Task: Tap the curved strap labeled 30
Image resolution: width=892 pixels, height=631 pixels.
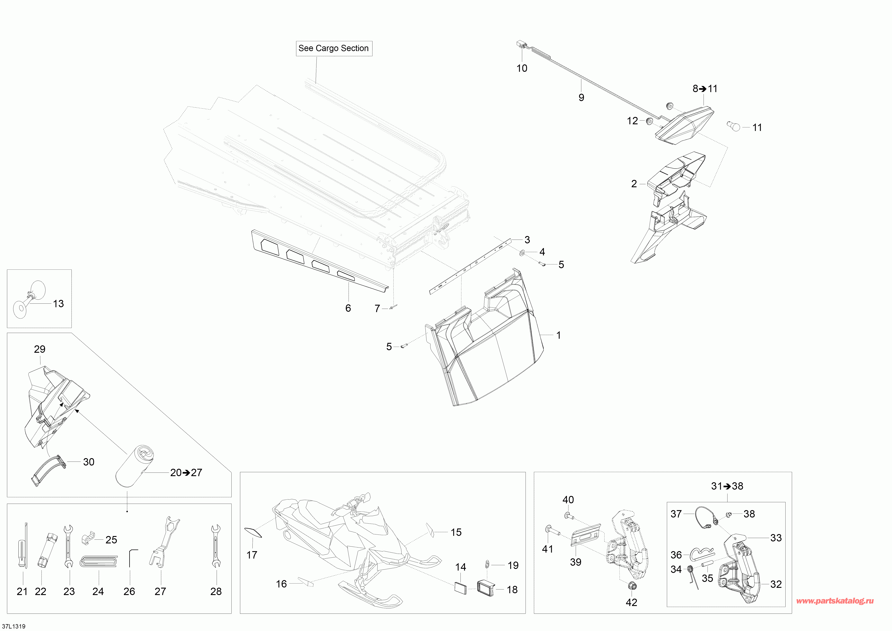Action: coord(48,469)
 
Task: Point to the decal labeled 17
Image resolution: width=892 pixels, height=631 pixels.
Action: coord(253,532)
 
